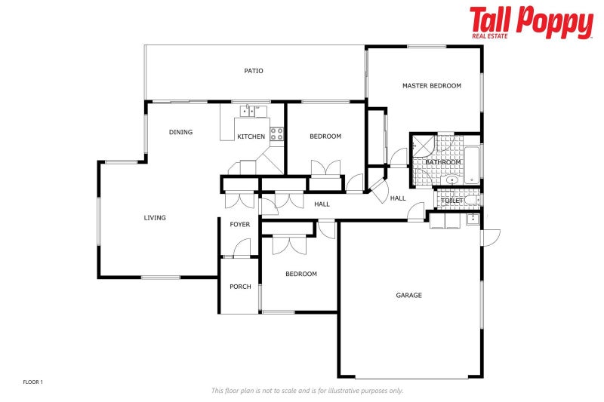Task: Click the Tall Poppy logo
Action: [x=531, y=23]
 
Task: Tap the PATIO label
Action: [x=254, y=71]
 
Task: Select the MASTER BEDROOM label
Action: [x=431, y=86]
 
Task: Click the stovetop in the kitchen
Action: [x=276, y=135]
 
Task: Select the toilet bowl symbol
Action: [x=470, y=201]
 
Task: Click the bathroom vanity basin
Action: [x=451, y=180]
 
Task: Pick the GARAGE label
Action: [x=408, y=295]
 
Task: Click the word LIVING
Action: [x=155, y=218]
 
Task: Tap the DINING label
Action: [x=180, y=132]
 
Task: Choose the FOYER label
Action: [x=240, y=225]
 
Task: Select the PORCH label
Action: [x=240, y=287]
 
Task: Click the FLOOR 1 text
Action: [x=33, y=382]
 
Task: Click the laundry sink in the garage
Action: [x=473, y=219]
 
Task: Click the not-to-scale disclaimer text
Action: [x=307, y=391]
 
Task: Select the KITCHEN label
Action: [x=251, y=137]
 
